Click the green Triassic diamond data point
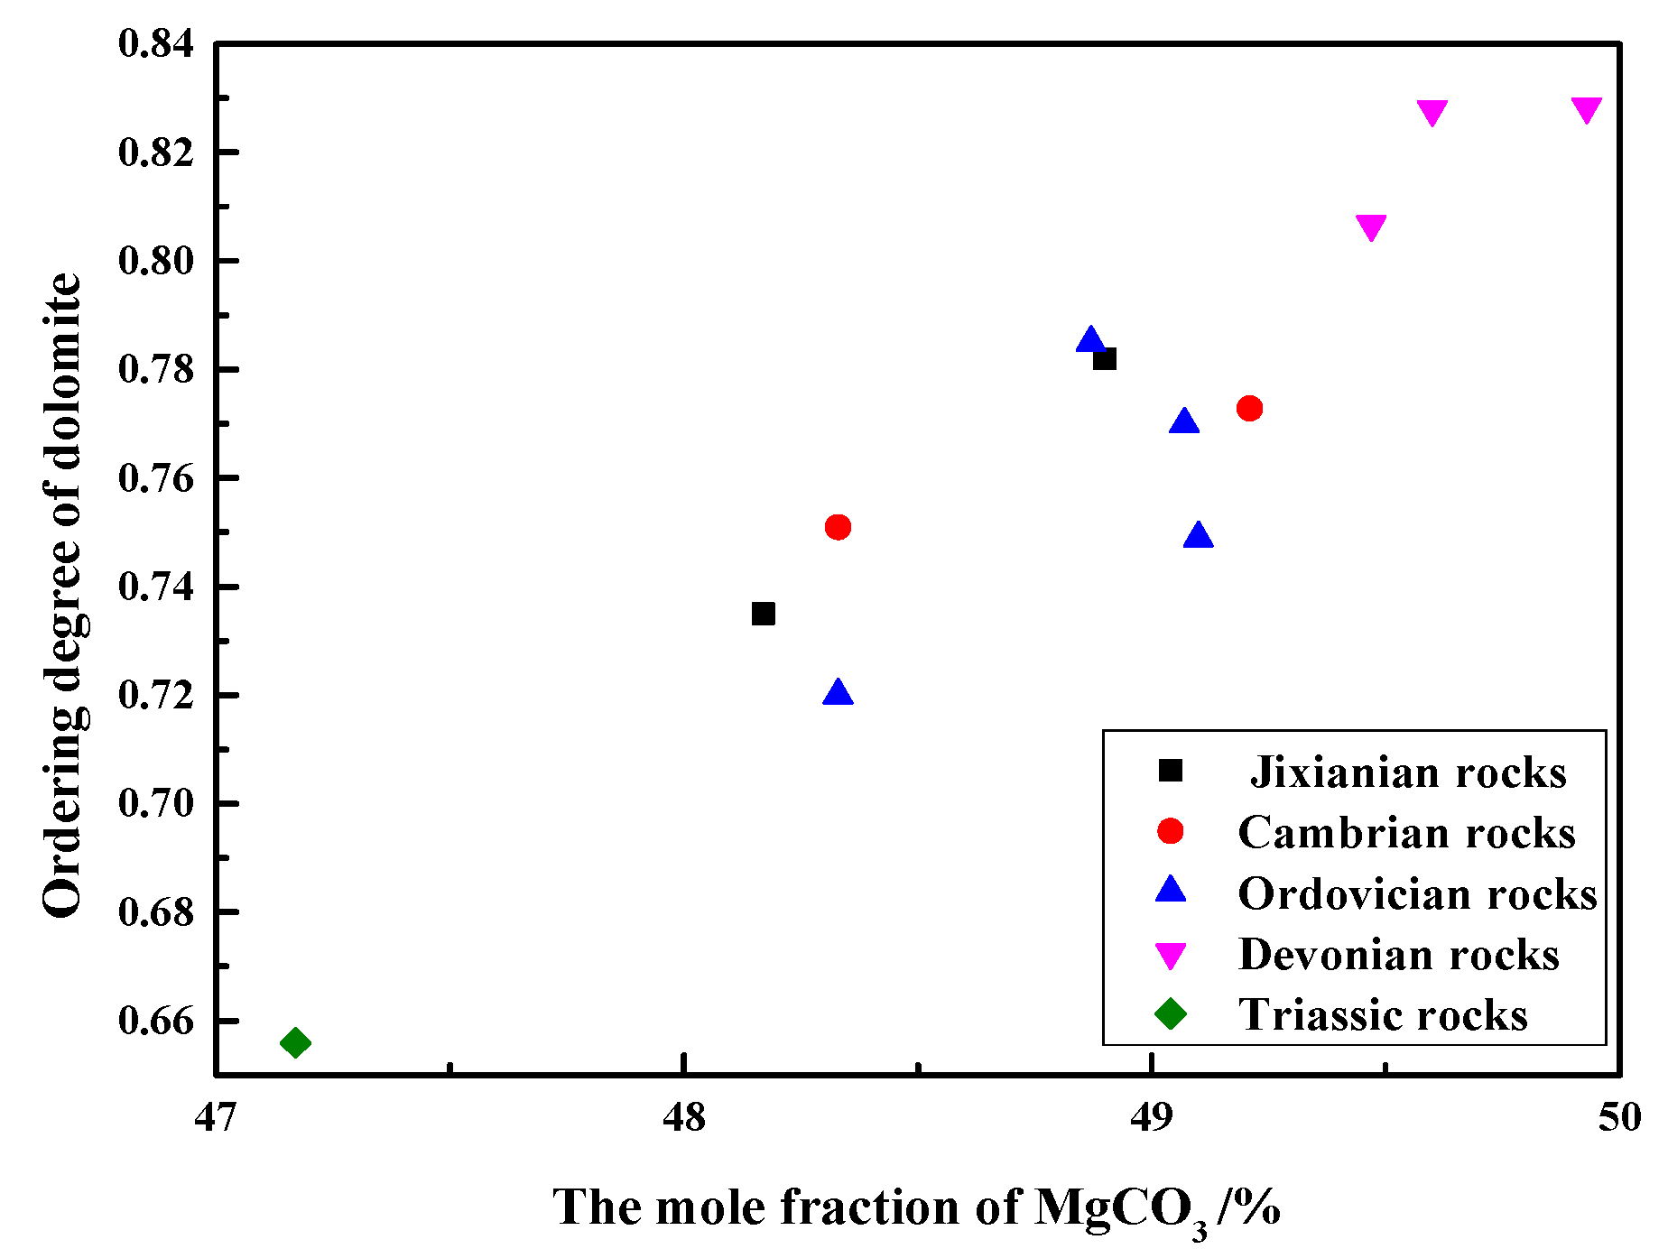point(295,1043)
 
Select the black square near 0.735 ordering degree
point(764,614)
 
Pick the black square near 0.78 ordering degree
point(1104,359)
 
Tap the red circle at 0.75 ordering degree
point(838,527)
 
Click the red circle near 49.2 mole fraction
point(1249,409)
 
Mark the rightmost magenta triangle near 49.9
point(1586,109)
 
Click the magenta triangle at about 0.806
point(1371,227)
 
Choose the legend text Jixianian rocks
point(1408,772)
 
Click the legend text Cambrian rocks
point(1406,832)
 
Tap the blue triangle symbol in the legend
point(1171,891)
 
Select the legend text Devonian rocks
point(1399,954)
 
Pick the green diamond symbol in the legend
point(1171,1013)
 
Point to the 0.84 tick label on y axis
point(155,43)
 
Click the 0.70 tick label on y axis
point(155,803)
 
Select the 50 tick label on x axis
point(1619,1117)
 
